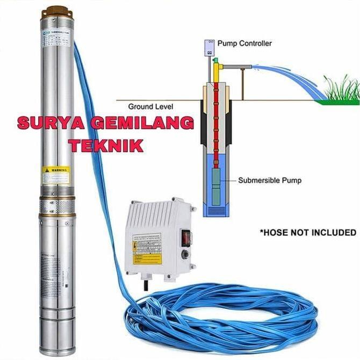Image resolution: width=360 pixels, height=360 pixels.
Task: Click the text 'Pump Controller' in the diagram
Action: [248, 43]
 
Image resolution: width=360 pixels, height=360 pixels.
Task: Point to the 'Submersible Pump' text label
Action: [270, 181]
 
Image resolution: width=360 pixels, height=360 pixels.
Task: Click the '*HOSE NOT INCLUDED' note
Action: [308, 233]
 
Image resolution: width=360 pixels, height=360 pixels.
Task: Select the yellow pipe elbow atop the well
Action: [216, 67]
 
